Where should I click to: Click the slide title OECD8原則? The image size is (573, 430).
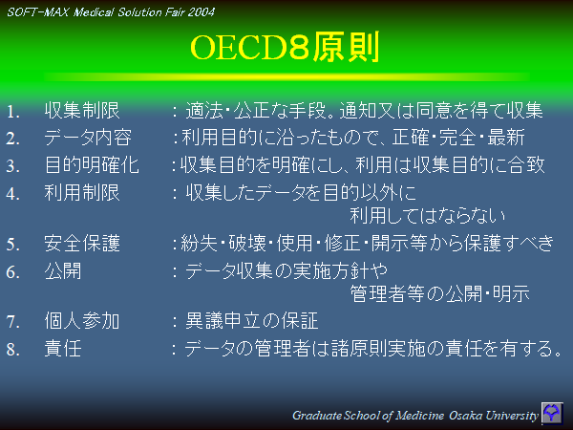(286, 47)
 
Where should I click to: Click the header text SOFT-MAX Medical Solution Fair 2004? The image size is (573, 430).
(110, 11)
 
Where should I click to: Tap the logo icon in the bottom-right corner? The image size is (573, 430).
(553, 413)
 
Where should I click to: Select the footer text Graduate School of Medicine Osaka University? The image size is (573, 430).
(415, 415)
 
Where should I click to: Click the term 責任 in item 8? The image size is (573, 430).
(63, 349)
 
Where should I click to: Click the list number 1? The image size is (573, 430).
(12, 111)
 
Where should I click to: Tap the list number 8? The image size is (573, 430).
(12, 350)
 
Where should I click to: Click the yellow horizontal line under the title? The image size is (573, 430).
(286, 75)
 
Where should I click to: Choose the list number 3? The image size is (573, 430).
(12, 166)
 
